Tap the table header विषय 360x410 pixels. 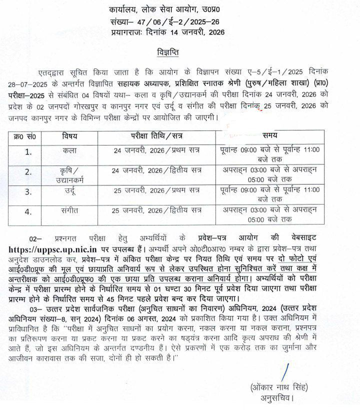click(69, 136)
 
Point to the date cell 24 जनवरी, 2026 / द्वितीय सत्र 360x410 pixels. click(157, 170)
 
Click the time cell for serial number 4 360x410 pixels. click(273, 214)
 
